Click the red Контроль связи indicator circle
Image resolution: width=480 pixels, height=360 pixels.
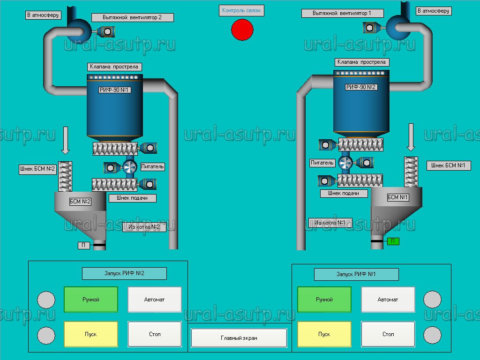point(242,30)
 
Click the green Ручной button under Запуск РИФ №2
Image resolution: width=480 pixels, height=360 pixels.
point(91,300)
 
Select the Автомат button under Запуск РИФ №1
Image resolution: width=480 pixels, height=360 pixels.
point(388,300)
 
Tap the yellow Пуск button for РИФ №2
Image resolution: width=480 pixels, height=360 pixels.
point(91,334)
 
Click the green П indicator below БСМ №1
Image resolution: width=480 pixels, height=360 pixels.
point(393,241)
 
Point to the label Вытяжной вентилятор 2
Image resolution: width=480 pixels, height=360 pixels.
point(132,17)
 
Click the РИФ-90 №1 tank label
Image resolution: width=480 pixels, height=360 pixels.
point(114,90)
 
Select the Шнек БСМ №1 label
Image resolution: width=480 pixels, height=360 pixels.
point(448,165)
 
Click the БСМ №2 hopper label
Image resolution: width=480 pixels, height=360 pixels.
point(80,202)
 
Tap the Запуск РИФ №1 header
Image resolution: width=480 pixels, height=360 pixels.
point(356,274)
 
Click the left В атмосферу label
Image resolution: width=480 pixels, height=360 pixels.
point(43,15)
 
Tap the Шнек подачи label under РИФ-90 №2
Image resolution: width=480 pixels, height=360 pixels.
point(344,193)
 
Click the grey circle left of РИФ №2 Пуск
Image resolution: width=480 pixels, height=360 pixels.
point(46,335)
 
